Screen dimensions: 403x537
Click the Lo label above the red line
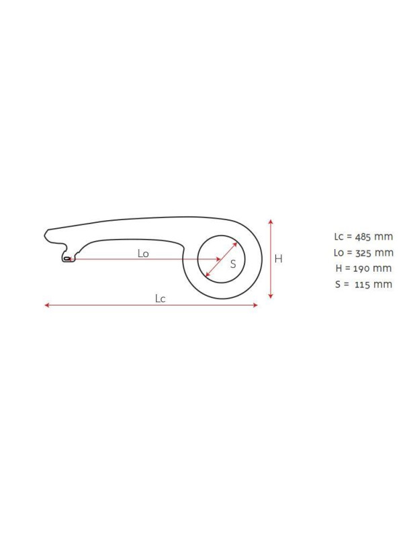143,254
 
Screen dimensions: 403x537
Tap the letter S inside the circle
233,264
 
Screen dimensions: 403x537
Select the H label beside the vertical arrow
279,258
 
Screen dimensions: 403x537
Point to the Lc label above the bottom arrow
160,299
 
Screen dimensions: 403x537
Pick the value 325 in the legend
363,253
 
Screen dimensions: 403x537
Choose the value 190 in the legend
361,268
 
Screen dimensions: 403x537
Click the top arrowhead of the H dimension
271,222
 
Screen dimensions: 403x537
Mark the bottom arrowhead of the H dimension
271,296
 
